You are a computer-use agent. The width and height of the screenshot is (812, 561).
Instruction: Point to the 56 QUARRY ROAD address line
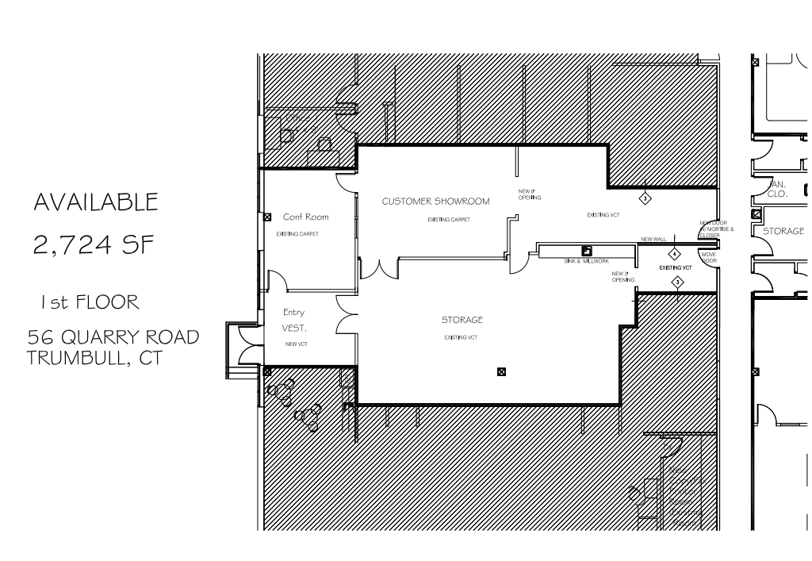point(112,336)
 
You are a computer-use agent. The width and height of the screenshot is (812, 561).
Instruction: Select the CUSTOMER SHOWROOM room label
point(435,202)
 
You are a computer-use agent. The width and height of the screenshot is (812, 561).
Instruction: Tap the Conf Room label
point(305,217)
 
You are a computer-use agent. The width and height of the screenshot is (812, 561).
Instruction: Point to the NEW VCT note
point(297,344)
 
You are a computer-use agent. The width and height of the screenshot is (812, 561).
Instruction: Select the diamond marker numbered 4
point(674,254)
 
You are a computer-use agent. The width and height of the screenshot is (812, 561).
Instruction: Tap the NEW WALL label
point(653,240)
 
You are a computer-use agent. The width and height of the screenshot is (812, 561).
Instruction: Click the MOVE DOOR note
point(709,257)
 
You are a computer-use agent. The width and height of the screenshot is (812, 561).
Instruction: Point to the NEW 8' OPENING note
point(530,194)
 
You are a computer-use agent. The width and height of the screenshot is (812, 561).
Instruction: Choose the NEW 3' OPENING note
point(622,276)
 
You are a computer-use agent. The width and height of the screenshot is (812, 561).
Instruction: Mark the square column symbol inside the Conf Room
point(268,217)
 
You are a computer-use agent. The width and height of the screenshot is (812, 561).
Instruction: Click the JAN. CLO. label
point(776,187)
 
